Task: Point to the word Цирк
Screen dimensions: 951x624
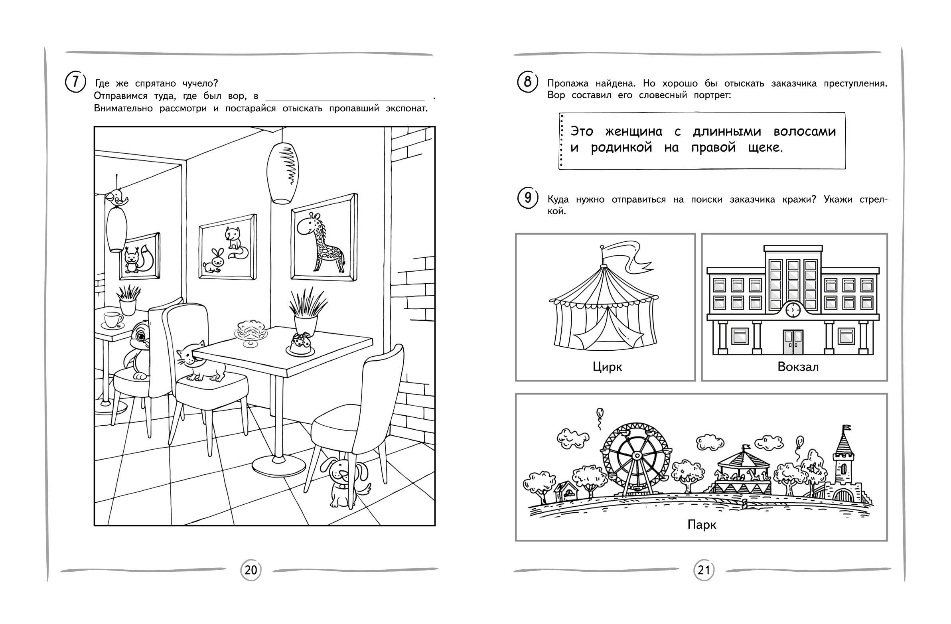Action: [608, 367]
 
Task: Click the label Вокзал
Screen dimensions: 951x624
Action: [798, 367]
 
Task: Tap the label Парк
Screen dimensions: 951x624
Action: [702, 525]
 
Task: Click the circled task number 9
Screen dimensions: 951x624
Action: [528, 198]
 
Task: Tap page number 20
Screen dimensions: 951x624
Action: [251, 570]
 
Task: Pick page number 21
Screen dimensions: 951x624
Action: [703, 571]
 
